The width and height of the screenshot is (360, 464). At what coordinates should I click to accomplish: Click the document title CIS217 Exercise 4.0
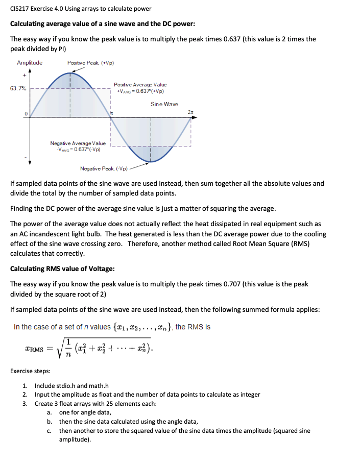pos(81,9)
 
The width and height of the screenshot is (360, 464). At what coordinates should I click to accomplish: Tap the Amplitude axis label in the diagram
pos(30,63)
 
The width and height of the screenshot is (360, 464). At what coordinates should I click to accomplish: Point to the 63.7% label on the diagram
pos(18,88)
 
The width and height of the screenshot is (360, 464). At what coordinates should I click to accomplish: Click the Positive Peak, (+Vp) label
pos(90,63)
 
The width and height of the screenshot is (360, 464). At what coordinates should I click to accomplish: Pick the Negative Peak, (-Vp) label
pos(104,168)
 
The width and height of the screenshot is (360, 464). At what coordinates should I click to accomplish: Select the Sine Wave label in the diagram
pos(164,104)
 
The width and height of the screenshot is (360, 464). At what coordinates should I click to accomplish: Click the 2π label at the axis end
pos(190,112)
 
